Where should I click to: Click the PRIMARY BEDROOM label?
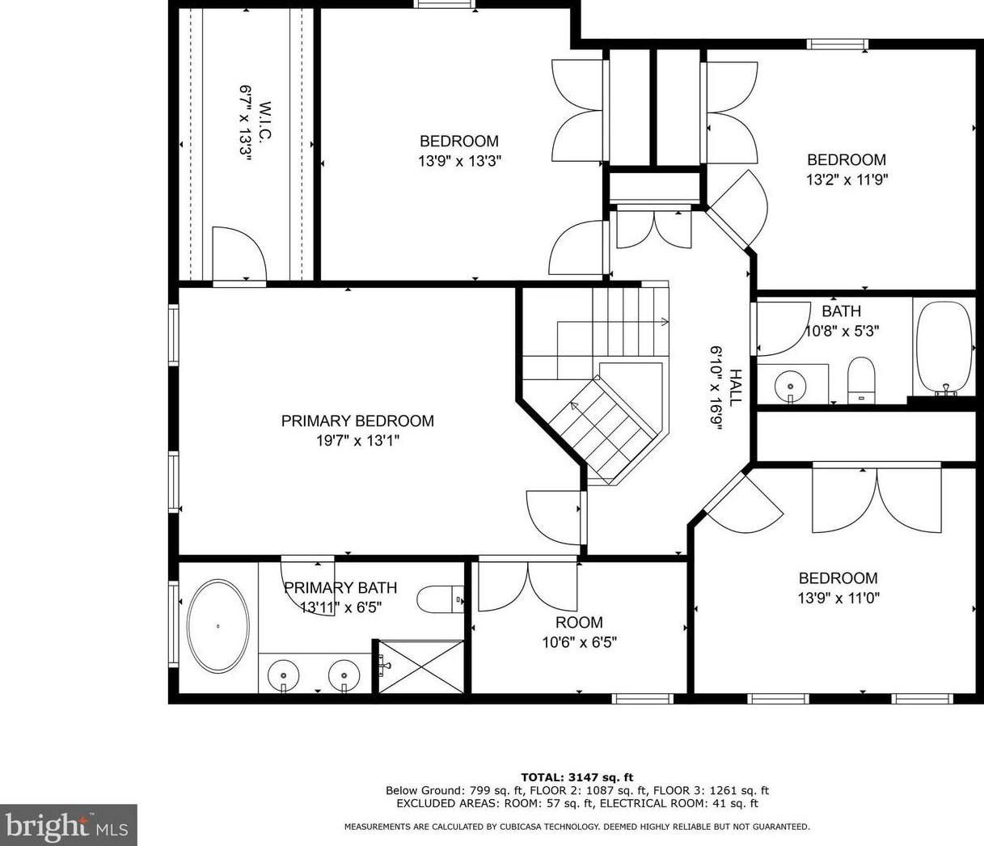tap(357, 421)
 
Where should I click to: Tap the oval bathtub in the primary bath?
tap(217, 626)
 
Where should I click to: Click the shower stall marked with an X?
tap(421, 666)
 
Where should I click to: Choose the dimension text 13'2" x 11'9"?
tap(847, 180)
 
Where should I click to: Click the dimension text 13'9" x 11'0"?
tap(838, 598)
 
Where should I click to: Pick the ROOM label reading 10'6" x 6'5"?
tap(579, 622)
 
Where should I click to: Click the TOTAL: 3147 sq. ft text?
tap(576, 777)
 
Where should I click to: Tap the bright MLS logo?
tap(68, 825)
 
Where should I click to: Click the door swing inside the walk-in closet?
tap(240, 252)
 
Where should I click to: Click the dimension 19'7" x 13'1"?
tap(357, 441)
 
